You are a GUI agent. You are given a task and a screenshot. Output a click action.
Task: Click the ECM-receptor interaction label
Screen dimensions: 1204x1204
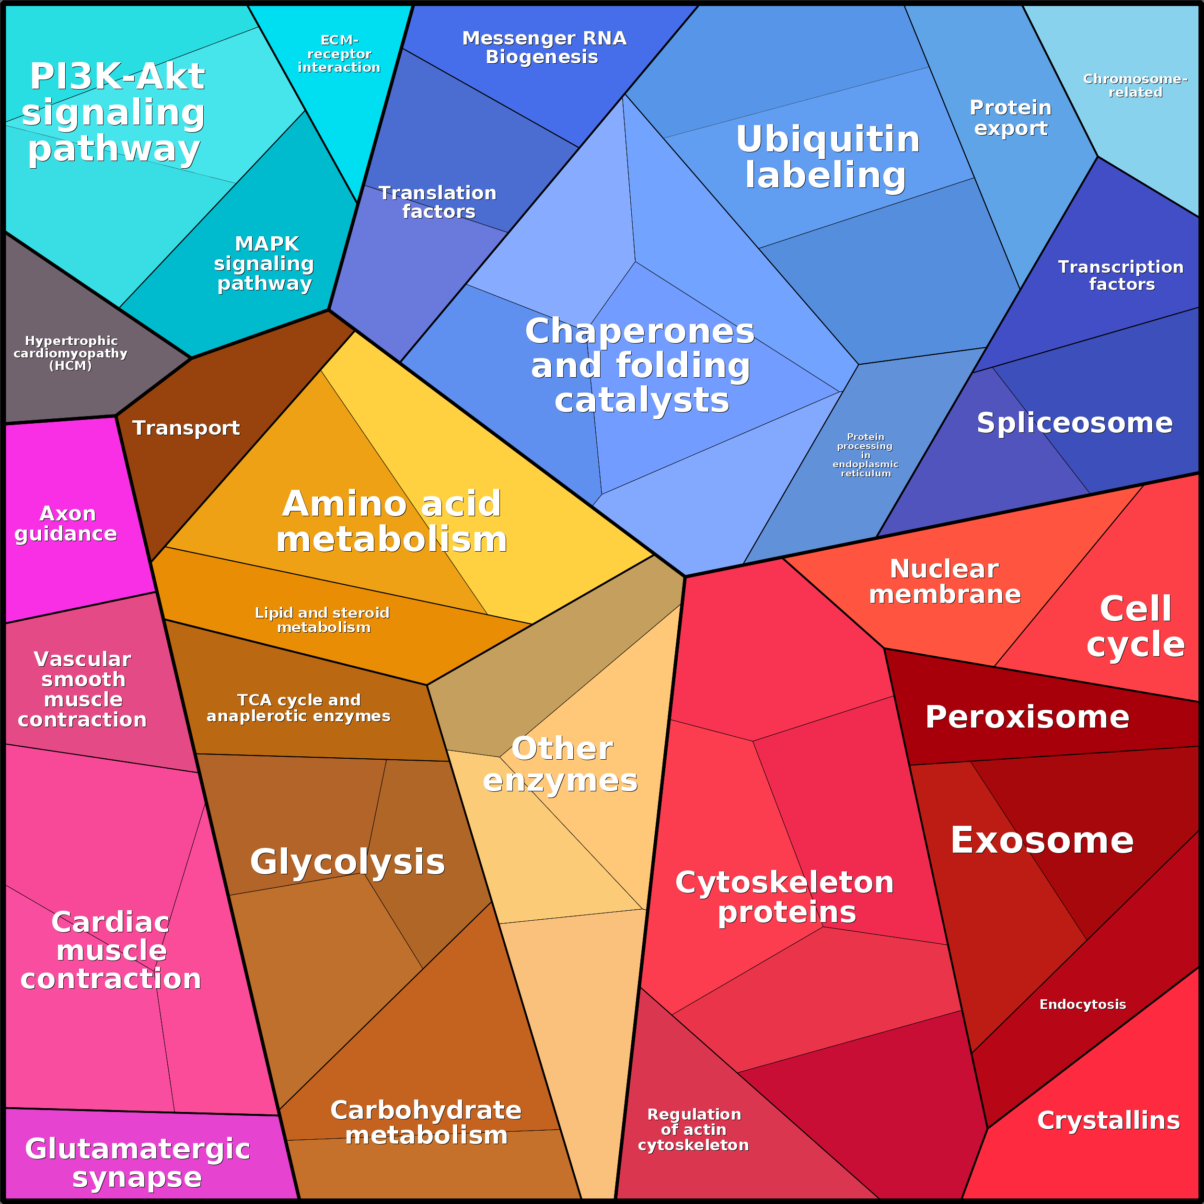(x=339, y=54)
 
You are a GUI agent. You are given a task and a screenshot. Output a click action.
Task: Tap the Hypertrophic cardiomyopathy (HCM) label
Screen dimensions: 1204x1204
(x=70, y=353)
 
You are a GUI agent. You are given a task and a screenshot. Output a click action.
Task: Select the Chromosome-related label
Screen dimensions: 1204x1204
(x=1135, y=85)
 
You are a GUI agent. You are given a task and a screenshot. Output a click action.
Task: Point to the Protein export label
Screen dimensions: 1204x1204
(x=1010, y=118)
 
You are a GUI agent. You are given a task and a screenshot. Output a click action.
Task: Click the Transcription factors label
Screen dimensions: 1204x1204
(x=1121, y=276)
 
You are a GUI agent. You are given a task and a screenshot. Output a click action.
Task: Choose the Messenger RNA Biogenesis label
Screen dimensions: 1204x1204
(x=544, y=47)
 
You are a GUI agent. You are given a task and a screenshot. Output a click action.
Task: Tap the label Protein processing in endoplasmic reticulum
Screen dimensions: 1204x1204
(x=865, y=455)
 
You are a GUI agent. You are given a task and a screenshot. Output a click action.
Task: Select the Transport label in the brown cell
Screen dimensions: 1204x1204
(x=185, y=428)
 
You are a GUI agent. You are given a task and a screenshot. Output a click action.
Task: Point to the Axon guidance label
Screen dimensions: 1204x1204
(x=66, y=523)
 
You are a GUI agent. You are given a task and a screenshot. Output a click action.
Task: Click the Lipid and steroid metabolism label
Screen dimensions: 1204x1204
(x=323, y=620)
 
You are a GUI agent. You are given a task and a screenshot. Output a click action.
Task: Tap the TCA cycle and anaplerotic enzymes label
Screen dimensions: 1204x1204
(x=299, y=708)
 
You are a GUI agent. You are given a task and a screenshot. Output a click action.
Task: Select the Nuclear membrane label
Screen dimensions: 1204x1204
(x=945, y=581)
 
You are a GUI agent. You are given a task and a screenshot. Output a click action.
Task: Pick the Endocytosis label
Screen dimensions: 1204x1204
(x=1082, y=1005)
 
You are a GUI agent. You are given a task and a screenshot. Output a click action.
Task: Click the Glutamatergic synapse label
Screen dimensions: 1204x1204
(x=137, y=1163)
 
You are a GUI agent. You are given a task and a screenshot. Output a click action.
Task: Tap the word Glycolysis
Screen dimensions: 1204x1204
(x=347, y=862)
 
